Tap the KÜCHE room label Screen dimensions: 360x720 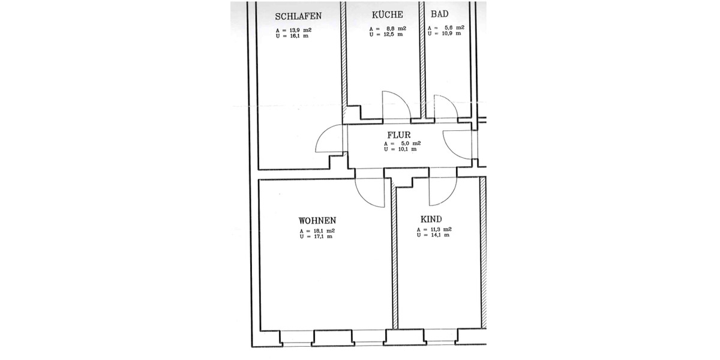(387, 15)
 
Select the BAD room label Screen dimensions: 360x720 (440, 15)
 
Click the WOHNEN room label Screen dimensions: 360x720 (317, 220)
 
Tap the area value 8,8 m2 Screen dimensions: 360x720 (392, 29)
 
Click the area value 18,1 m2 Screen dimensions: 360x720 (322, 231)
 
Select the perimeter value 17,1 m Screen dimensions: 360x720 (320, 237)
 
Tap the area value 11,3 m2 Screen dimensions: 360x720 (439, 230)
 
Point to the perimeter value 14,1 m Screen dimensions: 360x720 (437, 236)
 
